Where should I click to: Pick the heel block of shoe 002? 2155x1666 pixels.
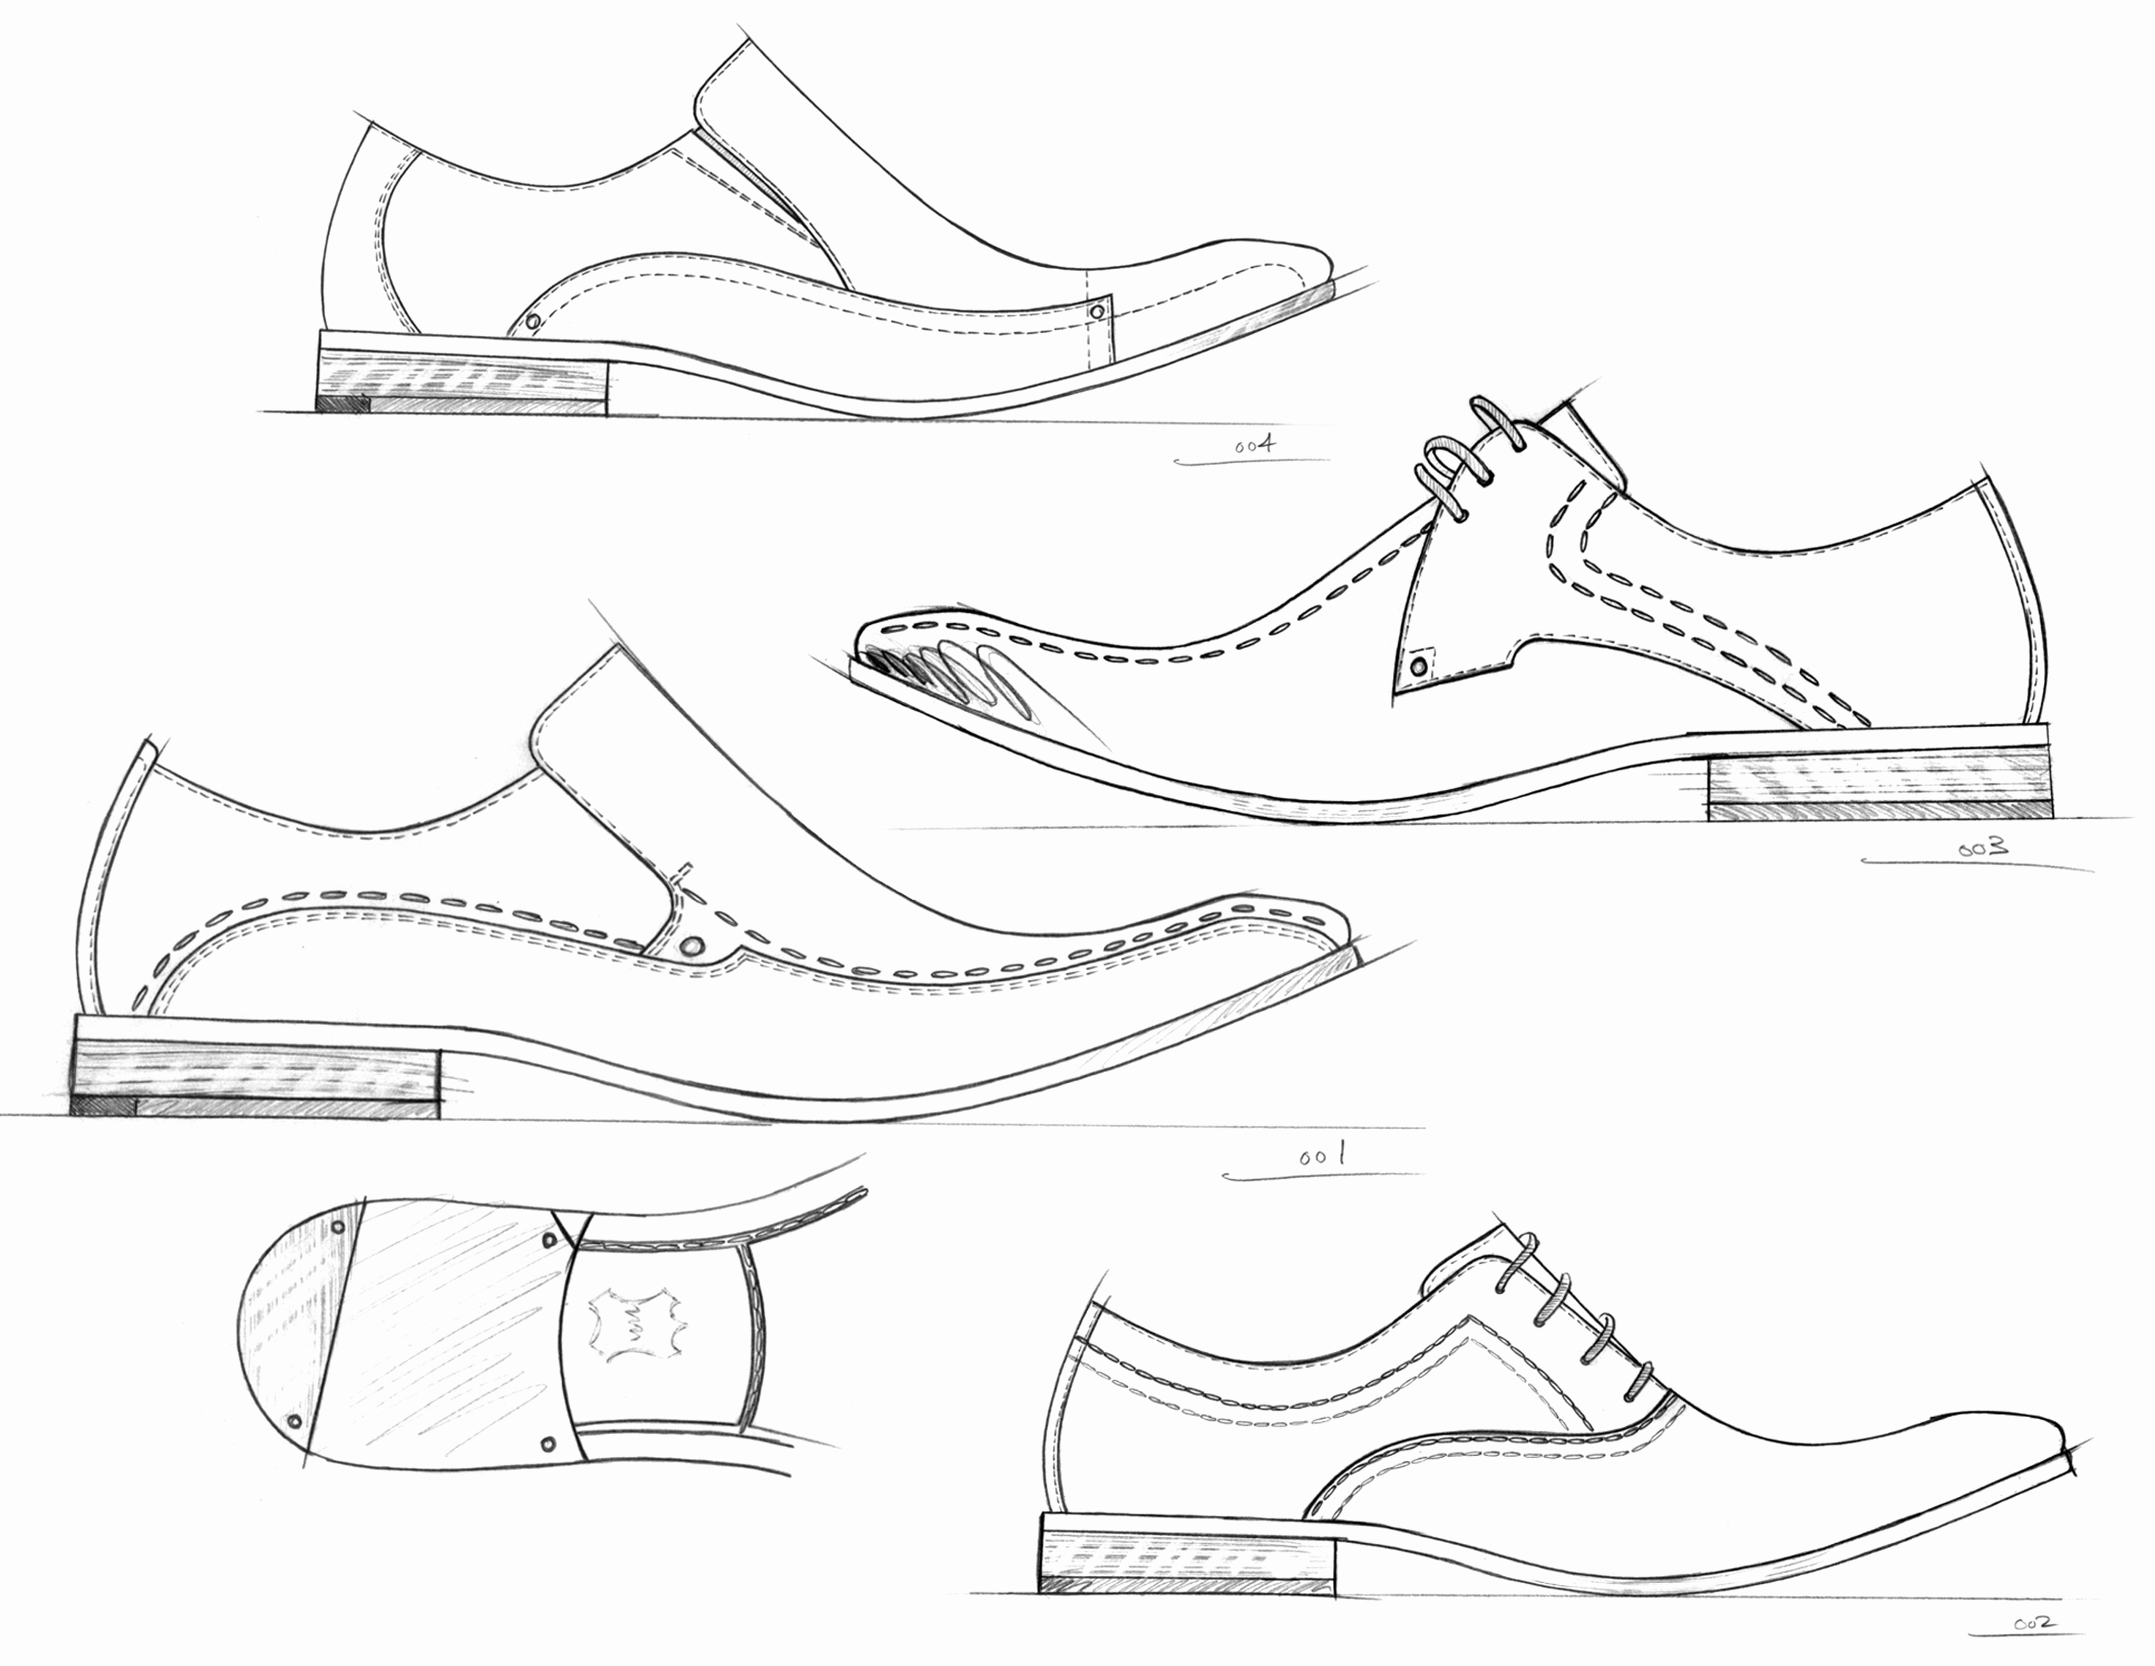click(1189, 1565)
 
